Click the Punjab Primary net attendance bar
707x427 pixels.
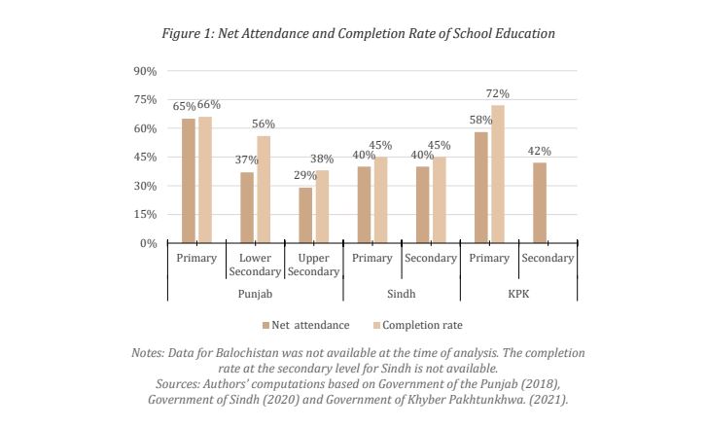click(189, 181)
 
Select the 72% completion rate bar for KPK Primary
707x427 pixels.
click(498, 174)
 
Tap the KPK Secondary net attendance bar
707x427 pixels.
click(540, 203)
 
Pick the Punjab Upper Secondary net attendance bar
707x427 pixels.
click(305, 216)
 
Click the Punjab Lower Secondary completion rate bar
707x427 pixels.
click(264, 190)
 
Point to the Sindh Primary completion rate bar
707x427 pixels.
click(380, 200)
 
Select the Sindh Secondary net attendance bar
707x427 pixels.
click(423, 204)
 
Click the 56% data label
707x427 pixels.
click(264, 124)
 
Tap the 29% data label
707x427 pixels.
click(305, 175)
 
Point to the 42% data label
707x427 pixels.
click(540, 151)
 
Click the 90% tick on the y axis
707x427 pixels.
click(145, 71)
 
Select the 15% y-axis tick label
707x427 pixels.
click(145, 214)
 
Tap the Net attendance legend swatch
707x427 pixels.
click(266, 326)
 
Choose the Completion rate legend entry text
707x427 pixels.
click(422, 325)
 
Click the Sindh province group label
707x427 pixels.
click(402, 294)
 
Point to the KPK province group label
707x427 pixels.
click(518, 294)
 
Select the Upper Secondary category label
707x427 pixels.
click(313, 265)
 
